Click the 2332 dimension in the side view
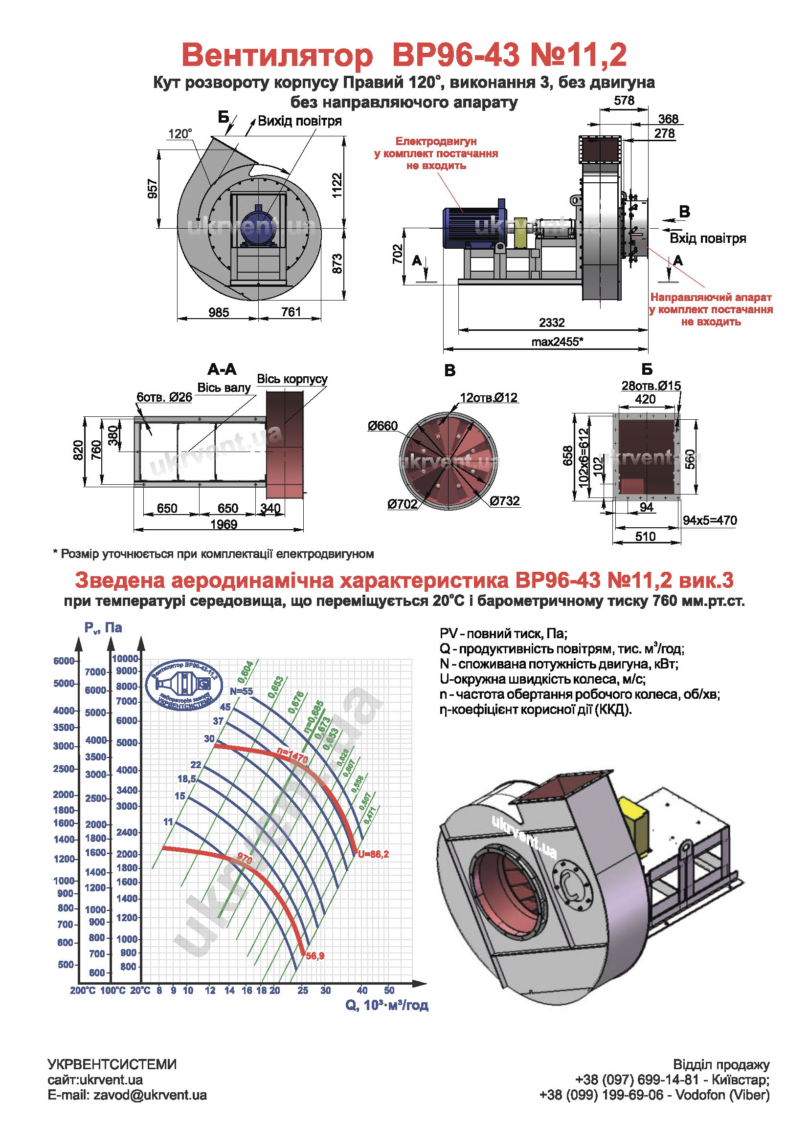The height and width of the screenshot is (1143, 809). coord(551,323)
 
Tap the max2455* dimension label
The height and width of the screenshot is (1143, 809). coord(557,342)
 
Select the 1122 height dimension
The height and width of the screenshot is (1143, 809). coord(337,186)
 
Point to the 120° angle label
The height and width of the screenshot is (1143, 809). coord(180,133)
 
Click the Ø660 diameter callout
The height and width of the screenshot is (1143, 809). coord(382,426)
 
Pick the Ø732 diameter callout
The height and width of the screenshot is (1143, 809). coord(505,501)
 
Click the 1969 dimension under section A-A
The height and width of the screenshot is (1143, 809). coord(224,524)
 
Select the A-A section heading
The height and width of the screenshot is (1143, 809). coord(222,369)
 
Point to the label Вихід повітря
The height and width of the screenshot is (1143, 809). coord(300,121)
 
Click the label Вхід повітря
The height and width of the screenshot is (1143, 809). coord(707,238)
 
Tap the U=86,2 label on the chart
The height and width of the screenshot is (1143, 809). coord(373,854)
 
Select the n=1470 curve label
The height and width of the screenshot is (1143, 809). coord(293,756)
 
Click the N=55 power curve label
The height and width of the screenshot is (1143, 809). coord(241,691)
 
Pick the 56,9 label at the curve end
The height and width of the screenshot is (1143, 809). coord(315,956)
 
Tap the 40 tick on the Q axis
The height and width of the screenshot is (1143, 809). coord(362,990)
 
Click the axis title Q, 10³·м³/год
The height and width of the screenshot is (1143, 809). coord(386,1005)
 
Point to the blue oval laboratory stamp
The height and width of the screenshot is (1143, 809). coord(183,684)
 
